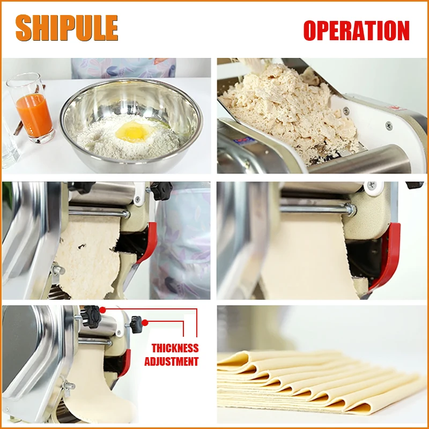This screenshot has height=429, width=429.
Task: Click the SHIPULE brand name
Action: coord(66,28)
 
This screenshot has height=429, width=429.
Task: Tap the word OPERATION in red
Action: coord(356,31)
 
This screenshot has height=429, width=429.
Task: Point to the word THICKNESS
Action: coord(175,349)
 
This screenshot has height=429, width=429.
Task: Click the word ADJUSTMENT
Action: coord(171,361)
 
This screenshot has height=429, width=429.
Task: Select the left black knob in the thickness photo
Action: coord(92,316)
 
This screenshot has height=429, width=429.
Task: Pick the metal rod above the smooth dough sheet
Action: coord(316,209)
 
